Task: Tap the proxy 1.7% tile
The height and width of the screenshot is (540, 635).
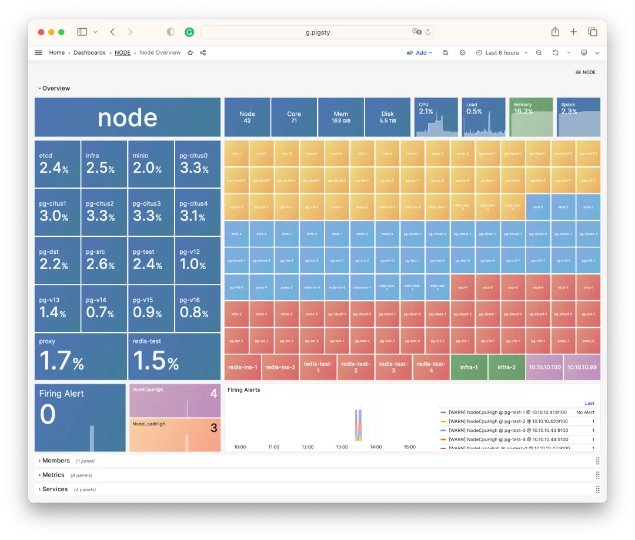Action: pos(81,357)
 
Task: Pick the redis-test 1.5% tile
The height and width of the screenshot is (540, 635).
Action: pos(174,357)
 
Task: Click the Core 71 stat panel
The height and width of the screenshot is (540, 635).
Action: pos(294,117)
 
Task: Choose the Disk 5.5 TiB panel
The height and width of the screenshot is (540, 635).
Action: pos(387,117)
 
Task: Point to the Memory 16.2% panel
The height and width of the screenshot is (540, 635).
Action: pos(530,117)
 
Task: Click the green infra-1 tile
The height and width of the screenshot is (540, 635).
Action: pos(469,367)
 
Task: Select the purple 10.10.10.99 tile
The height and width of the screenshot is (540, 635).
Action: pos(581,367)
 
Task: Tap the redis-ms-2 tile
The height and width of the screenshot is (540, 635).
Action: pos(280,367)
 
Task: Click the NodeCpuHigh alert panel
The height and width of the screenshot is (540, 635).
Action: pos(175,401)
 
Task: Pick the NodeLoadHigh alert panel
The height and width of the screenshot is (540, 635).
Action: pos(175,435)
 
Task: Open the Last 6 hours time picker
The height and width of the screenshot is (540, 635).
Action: pos(502,53)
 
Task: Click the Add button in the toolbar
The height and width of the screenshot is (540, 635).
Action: pos(419,53)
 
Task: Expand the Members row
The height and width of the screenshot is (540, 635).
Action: pos(55,461)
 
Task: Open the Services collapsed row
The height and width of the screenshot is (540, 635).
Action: pos(55,489)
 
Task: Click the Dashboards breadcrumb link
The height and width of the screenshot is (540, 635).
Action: pos(89,53)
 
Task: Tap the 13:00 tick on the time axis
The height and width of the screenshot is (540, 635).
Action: pos(342,447)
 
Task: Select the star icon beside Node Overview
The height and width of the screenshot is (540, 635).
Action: pos(190,53)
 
